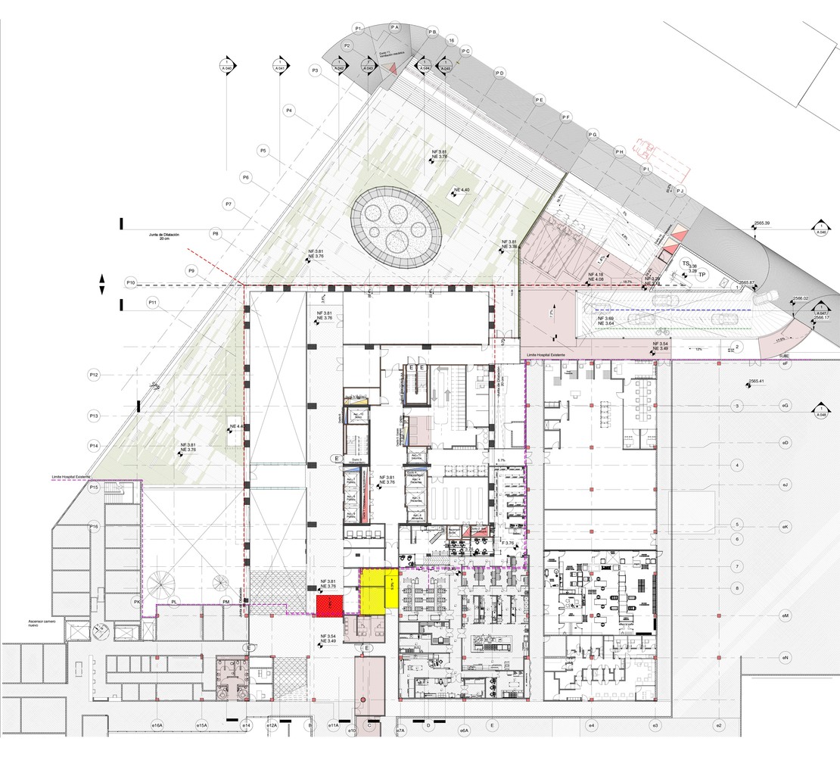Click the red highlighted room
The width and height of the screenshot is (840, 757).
pos(329,604)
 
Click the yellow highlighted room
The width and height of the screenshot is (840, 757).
pos(377,590)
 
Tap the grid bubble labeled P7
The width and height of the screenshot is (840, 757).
pos(229,204)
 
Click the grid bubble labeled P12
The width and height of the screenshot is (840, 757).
pos(95,375)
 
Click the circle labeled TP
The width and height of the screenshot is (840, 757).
pos(702,275)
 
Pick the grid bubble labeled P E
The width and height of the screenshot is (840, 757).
pos(539,99)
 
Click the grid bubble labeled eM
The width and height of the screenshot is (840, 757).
pos(786,616)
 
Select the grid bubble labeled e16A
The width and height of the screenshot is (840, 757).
pos(157,726)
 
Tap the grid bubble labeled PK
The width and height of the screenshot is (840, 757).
pos(137,602)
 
